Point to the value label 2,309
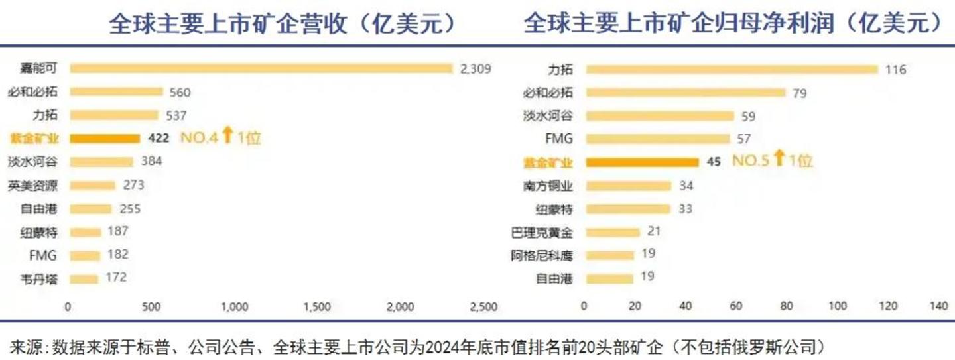click(x=475, y=68)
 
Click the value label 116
click(x=895, y=70)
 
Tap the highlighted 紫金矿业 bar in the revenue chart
click(x=105, y=138)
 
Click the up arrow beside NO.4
click(x=227, y=137)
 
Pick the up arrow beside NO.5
click(x=779, y=160)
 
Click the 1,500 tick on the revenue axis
click(x=316, y=306)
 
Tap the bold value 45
click(x=715, y=162)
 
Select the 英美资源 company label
click(x=33, y=186)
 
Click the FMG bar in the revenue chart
click(x=85, y=255)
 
